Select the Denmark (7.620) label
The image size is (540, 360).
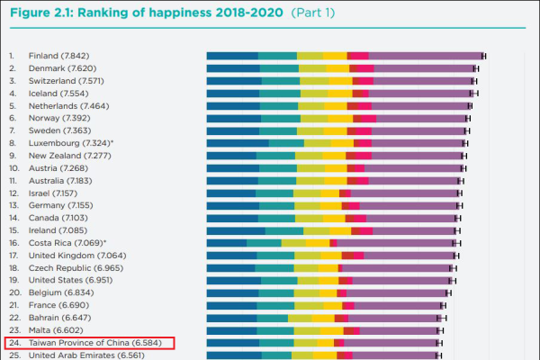tap(64, 67)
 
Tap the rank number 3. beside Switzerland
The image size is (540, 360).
tap(12, 80)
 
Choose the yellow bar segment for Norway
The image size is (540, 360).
tap(340, 118)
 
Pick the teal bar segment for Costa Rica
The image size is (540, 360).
tap(264, 243)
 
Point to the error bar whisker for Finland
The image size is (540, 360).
tap(483, 56)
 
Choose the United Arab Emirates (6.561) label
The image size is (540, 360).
tap(85, 355)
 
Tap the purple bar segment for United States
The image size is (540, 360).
tap(396, 280)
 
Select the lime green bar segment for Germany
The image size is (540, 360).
tap(307, 205)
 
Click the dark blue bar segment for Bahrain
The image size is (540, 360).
tap(232, 318)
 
